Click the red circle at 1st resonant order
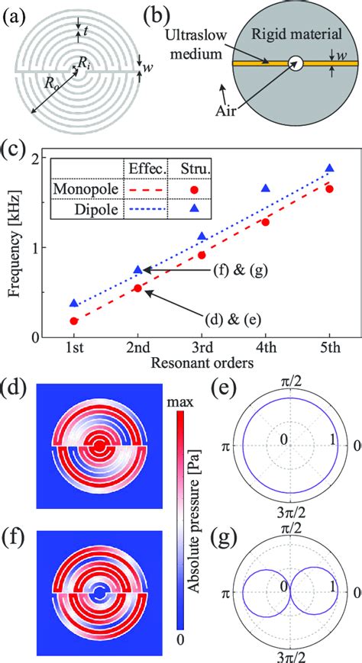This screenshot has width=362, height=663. tap(74, 321)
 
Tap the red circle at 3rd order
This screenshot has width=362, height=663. tap(202, 255)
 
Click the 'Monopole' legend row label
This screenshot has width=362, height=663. tap(84, 188)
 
